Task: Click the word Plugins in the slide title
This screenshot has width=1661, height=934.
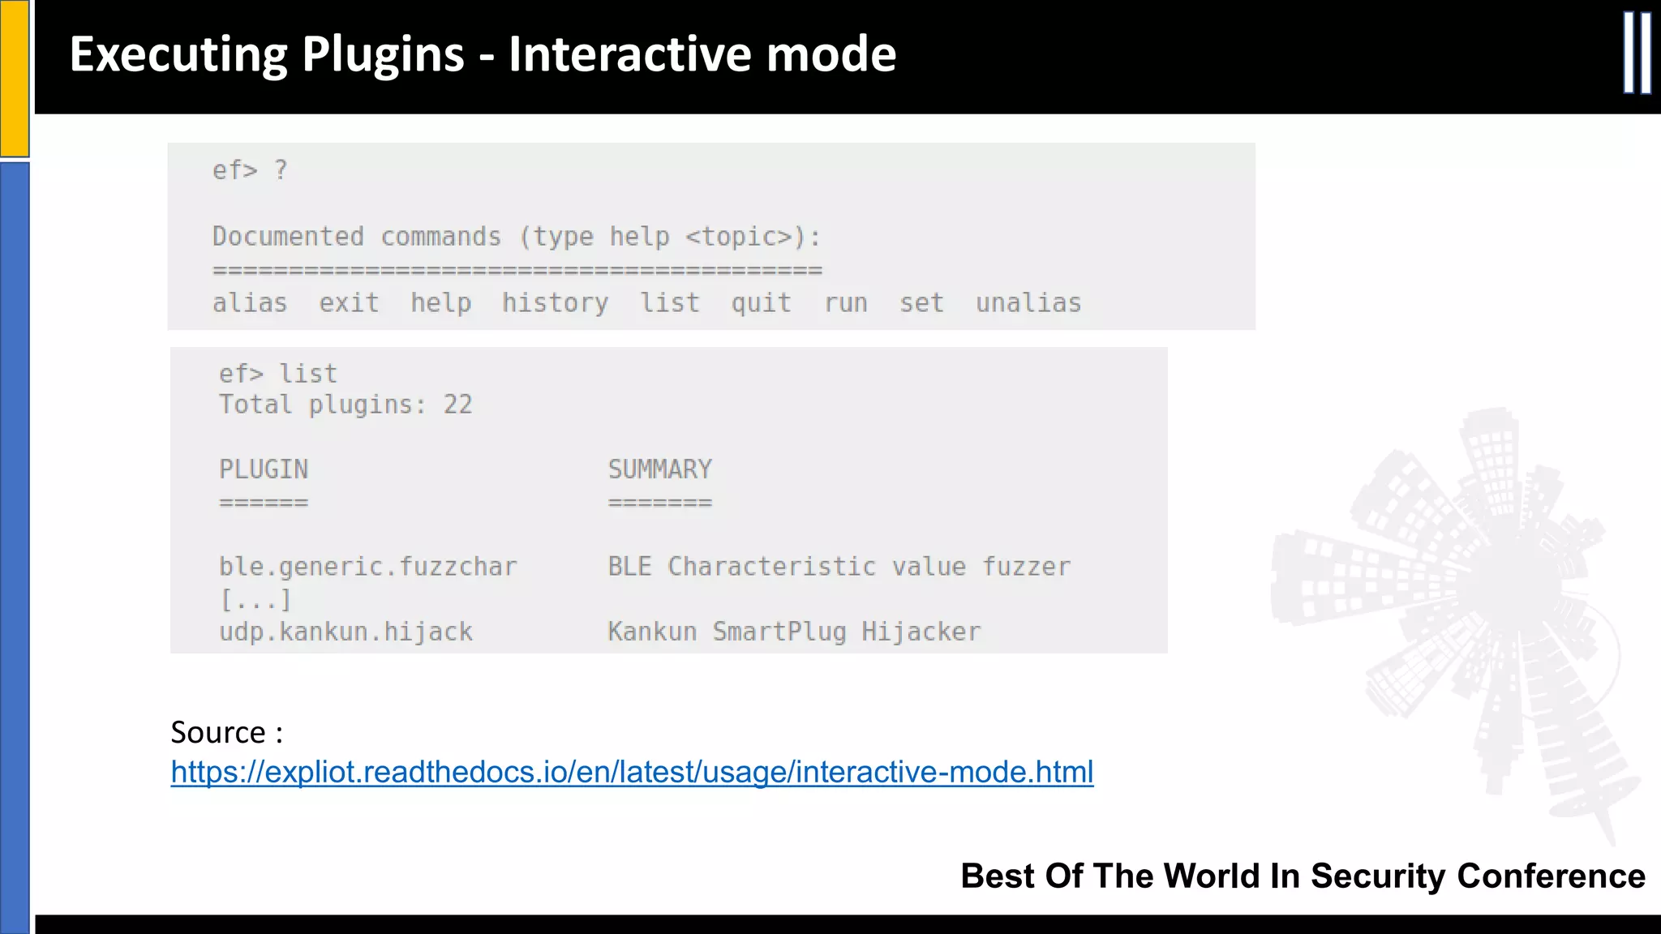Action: pos(383,54)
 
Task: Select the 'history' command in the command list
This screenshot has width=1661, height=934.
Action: pos(555,303)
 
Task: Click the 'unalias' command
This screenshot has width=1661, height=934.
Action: pos(1028,303)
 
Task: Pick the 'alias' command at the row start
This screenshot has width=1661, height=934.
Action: pos(250,303)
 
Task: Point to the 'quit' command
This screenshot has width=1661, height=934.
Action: pos(761,303)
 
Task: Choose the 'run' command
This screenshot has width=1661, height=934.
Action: pos(846,303)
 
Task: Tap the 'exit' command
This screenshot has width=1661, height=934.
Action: pos(349,303)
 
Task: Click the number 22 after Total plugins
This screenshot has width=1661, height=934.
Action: pos(457,405)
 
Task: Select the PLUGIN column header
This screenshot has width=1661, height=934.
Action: pos(264,469)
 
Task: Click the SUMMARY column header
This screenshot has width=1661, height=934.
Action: pos(660,469)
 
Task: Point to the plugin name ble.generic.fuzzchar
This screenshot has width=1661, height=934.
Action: pos(367,567)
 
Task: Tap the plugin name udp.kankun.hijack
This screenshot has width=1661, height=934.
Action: pos(346,632)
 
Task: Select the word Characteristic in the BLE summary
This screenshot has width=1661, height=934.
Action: pos(771,567)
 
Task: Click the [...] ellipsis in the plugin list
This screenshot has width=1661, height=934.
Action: pos(255,600)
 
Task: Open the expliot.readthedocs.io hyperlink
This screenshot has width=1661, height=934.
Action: pos(632,772)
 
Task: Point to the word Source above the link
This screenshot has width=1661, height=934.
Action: pos(217,732)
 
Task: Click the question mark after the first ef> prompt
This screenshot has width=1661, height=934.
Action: pos(281,170)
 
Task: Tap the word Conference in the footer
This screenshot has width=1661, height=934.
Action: pos(1551,876)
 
